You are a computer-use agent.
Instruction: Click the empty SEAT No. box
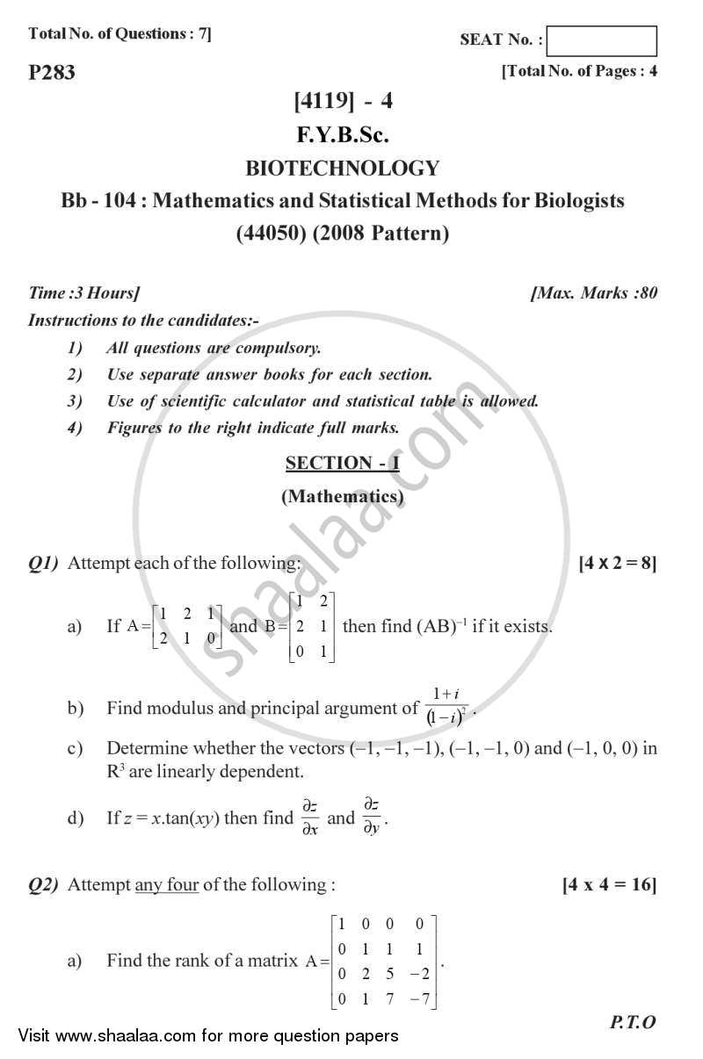point(606,41)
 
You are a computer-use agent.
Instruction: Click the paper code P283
point(53,73)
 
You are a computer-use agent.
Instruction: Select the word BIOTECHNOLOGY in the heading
point(343,168)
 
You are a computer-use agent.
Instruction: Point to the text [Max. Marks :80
point(595,293)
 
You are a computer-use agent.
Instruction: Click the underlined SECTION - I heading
point(343,463)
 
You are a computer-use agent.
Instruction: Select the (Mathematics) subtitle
point(343,496)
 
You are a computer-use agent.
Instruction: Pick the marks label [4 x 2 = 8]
point(618,563)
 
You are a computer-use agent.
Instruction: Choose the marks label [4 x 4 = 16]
point(610,884)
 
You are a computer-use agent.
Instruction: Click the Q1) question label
point(44,563)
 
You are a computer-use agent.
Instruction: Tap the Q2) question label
point(44,885)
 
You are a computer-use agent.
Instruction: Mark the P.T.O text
point(633,1022)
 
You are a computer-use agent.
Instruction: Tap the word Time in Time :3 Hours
point(46,293)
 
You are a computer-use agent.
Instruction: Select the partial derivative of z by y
point(372,818)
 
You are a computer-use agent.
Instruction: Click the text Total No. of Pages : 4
point(580,72)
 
